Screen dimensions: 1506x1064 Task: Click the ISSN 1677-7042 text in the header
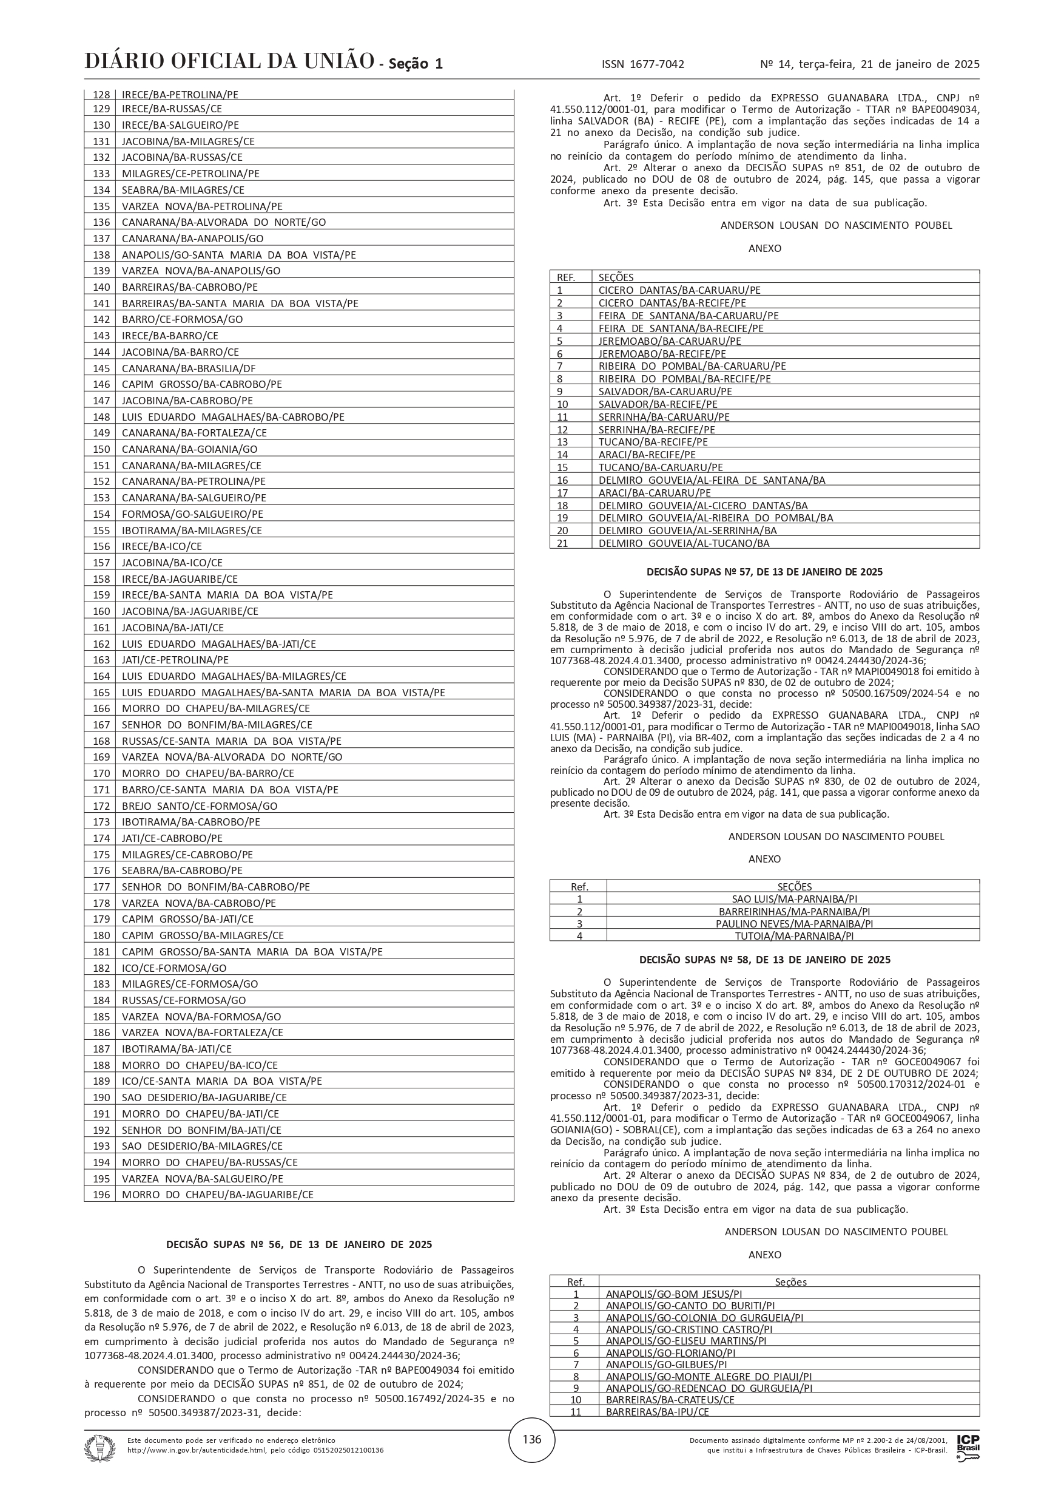(642, 64)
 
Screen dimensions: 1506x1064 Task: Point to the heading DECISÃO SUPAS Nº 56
(299, 1244)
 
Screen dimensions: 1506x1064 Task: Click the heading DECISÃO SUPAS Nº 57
(764, 572)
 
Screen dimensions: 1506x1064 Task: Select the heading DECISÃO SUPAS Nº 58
(764, 960)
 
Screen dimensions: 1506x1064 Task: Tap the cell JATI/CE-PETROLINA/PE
(175, 660)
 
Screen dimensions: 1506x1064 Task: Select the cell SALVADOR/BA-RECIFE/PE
(658, 404)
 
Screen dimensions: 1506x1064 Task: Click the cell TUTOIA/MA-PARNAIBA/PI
(793, 936)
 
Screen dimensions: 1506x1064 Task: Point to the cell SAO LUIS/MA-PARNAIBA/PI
(793, 898)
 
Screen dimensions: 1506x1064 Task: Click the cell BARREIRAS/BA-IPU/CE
(657, 1411)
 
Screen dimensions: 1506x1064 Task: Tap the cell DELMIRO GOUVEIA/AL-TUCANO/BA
(684, 543)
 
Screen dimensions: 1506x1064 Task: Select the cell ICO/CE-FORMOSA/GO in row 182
(173, 968)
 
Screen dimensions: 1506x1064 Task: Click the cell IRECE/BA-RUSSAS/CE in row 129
(172, 109)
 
